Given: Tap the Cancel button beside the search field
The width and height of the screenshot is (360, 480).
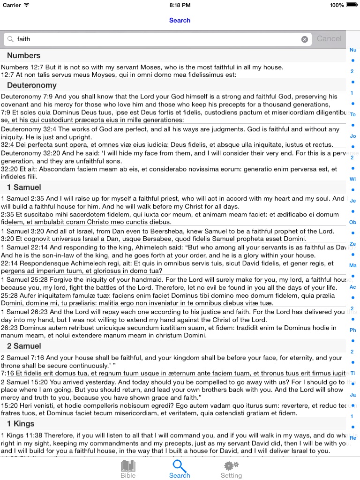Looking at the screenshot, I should click(329, 39).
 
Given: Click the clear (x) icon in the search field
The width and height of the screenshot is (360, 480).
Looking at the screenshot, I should click(305, 39).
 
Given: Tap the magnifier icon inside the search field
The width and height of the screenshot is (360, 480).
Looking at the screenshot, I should click(11, 39).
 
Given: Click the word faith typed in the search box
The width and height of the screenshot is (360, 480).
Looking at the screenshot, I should click(24, 39).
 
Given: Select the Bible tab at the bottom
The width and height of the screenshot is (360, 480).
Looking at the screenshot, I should click(128, 469).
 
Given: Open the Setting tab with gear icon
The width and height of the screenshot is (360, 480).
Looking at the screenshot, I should click(231, 469).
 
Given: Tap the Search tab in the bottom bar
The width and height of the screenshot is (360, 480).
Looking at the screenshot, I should click(180, 469).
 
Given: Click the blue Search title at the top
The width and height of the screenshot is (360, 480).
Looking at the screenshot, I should click(180, 20).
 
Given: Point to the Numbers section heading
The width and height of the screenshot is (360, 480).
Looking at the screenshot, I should click(23, 56).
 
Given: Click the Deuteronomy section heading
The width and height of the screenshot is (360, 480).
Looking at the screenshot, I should click(31, 85).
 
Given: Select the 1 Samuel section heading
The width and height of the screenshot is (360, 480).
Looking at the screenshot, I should click(24, 187).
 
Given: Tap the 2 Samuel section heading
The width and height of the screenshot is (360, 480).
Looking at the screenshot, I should click(24, 346).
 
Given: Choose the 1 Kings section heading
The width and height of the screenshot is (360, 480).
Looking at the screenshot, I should click(21, 424).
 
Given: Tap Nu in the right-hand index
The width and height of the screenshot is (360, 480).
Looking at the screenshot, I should click(353, 50).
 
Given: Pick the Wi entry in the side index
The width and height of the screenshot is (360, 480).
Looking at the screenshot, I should click(353, 179).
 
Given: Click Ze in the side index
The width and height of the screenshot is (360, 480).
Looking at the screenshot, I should click(353, 244).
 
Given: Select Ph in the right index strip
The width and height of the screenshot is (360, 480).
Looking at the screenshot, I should click(353, 330).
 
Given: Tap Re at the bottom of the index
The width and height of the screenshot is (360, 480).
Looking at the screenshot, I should click(353, 438).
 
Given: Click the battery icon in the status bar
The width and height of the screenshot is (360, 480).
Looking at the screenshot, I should click(351, 5).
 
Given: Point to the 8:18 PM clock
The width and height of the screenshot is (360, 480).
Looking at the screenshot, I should click(180, 5).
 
